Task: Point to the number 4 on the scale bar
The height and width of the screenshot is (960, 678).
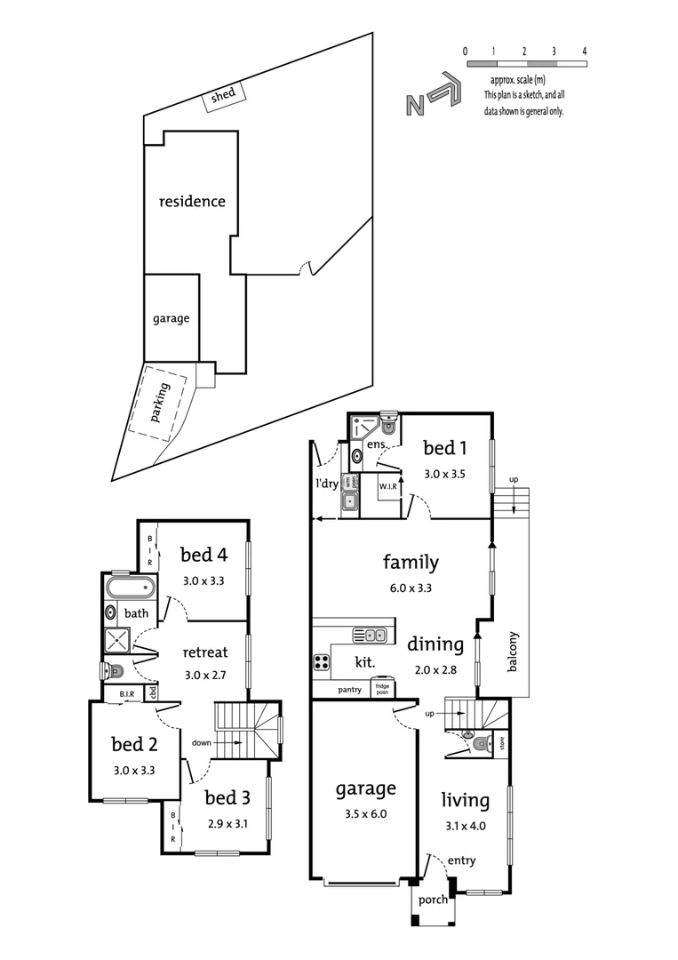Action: coord(585,51)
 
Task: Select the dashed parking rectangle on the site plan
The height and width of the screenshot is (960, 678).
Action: coord(160,403)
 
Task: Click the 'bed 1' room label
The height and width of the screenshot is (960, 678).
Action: coord(445,448)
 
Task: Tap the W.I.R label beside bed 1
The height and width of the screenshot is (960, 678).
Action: coord(387,487)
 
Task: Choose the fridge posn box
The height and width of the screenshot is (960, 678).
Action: coord(381,689)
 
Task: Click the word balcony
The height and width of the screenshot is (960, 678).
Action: coord(513,651)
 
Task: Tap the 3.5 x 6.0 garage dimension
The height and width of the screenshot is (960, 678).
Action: coord(365,812)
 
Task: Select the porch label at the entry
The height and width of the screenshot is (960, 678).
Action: coord(434,900)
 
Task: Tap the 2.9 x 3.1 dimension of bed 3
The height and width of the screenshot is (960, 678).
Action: coord(227,823)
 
